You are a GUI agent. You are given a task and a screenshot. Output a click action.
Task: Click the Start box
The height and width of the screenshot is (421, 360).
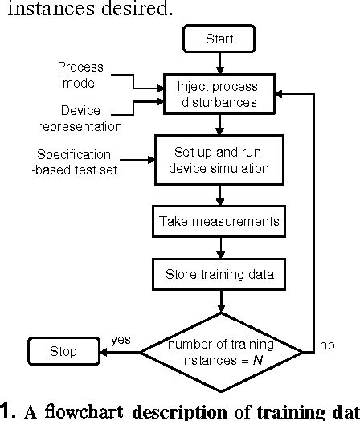pyautogui.click(x=219, y=38)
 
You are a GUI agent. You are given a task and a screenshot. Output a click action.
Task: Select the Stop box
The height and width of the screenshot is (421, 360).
pyautogui.click(x=63, y=350)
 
